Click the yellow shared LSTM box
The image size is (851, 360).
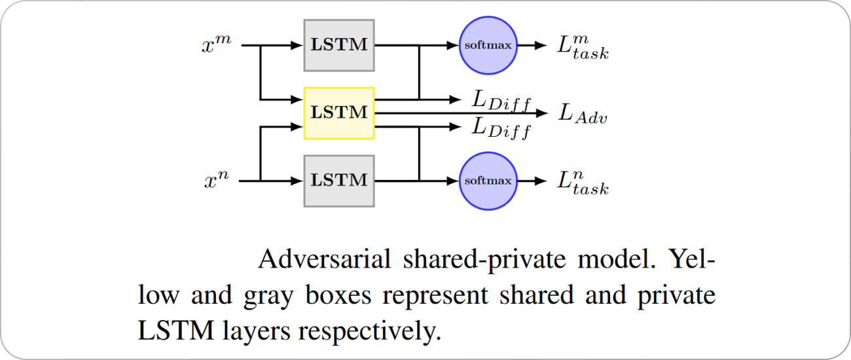(339, 113)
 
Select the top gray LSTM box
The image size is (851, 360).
(339, 45)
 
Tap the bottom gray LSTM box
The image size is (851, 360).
(339, 181)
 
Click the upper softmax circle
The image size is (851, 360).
(488, 45)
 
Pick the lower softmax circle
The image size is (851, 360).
(488, 181)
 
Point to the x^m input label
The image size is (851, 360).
(217, 45)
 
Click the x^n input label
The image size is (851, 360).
(217, 181)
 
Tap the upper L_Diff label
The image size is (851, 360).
(501, 100)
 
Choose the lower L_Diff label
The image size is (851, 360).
(501, 127)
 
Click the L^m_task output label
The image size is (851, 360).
(583, 46)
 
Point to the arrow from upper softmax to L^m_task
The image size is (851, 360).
(532, 45)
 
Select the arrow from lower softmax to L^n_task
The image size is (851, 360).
(532, 181)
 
